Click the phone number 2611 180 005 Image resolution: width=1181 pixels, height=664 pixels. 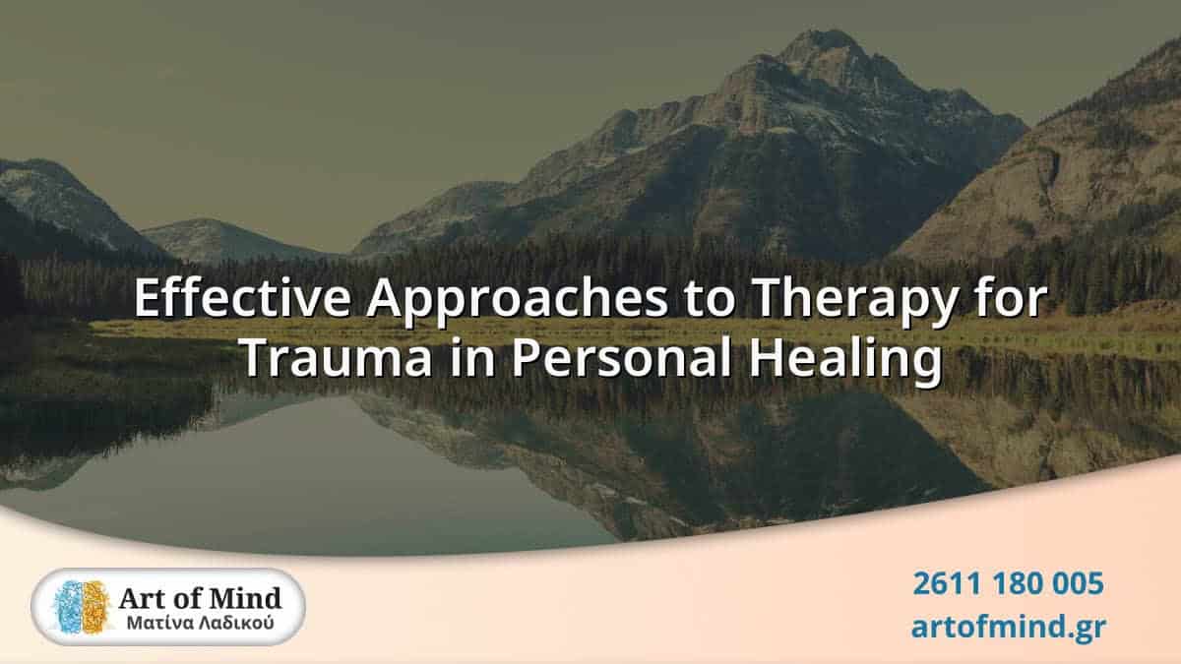(x=1008, y=583)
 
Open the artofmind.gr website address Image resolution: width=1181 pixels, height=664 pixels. (x=1008, y=626)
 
